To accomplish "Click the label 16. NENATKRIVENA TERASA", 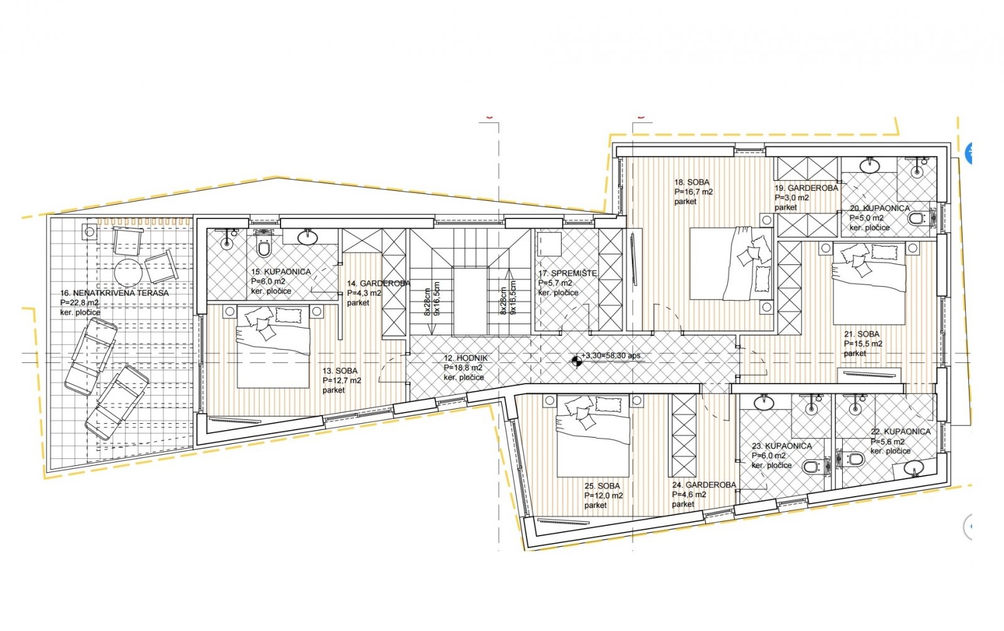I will (114, 293).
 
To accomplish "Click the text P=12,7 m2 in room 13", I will (342, 380).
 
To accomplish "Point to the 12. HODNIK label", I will (465, 358).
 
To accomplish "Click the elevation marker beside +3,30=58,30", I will (575, 360).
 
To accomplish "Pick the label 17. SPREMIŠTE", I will (567, 274).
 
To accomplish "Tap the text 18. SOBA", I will (692, 183).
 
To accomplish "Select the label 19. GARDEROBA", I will (806, 188).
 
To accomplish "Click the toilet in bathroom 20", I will (917, 219).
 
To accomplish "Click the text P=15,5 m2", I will (863, 344).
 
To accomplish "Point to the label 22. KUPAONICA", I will (900, 432).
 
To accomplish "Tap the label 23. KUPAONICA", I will (782, 446).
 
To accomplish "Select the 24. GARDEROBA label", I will (703, 485).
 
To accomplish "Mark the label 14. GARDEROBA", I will (378, 284).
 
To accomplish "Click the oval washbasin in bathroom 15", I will (307, 237).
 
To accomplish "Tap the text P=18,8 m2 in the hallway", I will (463, 368).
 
